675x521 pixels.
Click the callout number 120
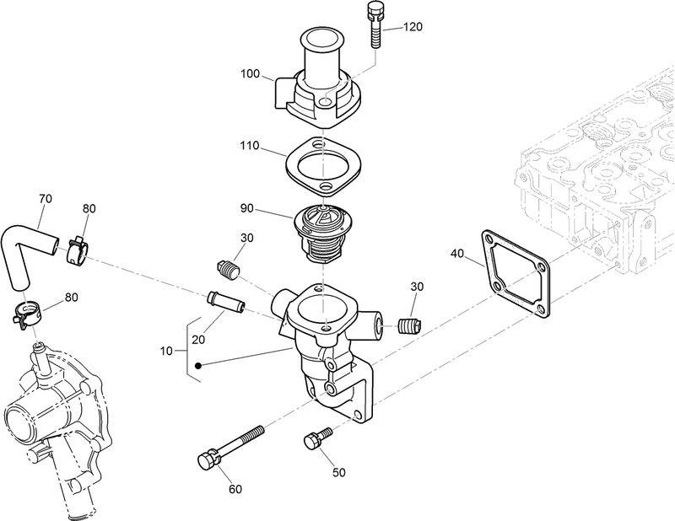(x=413, y=27)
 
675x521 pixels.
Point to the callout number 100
(x=251, y=74)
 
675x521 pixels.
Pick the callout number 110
(x=251, y=145)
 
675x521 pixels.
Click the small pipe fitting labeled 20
(x=225, y=300)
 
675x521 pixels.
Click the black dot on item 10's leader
(x=197, y=366)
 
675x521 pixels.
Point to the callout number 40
(x=457, y=253)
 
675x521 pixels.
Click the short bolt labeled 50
(x=316, y=439)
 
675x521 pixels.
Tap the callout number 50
(x=339, y=473)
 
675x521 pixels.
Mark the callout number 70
(x=46, y=199)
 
